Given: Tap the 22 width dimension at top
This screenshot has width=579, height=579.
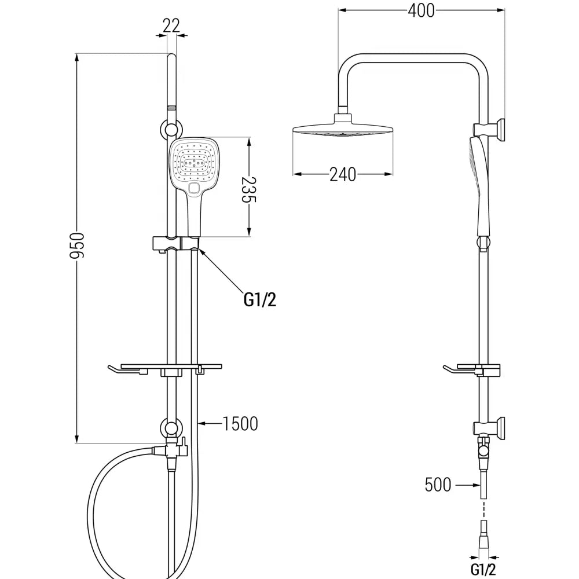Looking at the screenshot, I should tap(171, 25).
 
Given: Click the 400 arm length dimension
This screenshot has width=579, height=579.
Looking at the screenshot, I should tap(421, 10).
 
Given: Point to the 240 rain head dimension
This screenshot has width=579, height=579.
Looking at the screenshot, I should tap(343, 174).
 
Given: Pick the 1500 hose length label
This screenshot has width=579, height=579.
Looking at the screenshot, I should tap(240, 423).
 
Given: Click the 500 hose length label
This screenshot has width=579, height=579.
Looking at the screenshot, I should tap(438, 484).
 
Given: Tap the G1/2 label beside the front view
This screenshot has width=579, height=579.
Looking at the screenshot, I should tap(259, 299).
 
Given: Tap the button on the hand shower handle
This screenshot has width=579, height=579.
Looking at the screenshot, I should tap(194, 188).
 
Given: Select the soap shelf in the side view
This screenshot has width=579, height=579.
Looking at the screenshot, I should tap(472, 369).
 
